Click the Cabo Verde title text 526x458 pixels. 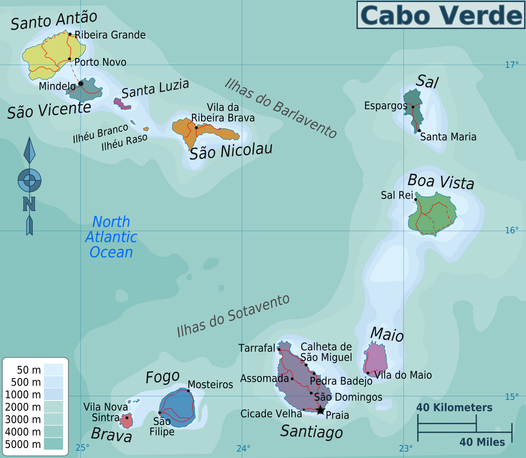click(x=441, y=15)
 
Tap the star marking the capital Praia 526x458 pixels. click(x=320, y=410)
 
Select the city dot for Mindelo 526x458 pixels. click(x=81, y=84)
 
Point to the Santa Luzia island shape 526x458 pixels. click(x=121, y=104)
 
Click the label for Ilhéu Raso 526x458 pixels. click(x=124, y=142)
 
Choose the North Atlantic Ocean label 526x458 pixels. click(x=111, y=237)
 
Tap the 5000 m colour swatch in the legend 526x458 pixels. click(x=53, y=444)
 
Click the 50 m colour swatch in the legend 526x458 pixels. click(x=53, y=370)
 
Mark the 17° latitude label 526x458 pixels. click(x=512, y=65)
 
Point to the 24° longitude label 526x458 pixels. click(x=243, y=448)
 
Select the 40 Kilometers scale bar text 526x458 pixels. click(x=454, y=408)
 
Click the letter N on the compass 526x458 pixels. click(x=29, y=204)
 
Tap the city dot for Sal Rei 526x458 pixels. click(x=416, y=199)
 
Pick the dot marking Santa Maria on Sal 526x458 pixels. click(x=419, y=131)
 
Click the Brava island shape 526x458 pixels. click(x=126, y=421)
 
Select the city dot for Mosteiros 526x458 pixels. click(x=188, y=391)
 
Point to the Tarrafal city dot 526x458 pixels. click(x=279, y=349)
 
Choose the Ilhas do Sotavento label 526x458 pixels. click(x=233, y=316)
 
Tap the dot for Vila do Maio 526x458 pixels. click(x=368, y=373)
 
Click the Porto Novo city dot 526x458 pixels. click(x=70, y=59)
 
